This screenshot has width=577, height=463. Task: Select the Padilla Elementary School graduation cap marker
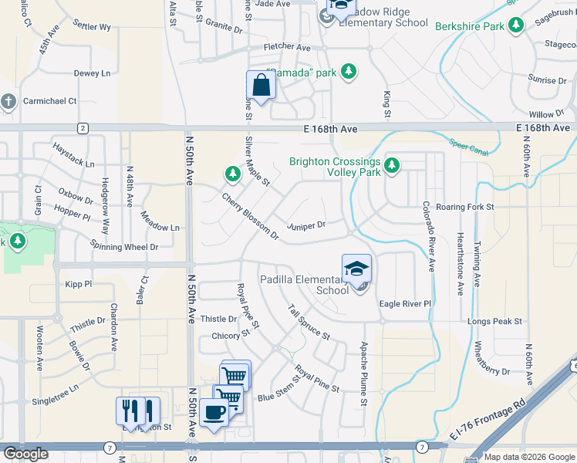[356, 269]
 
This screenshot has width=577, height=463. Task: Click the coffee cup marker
[214, 411]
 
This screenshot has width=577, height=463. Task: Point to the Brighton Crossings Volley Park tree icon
[392, 164]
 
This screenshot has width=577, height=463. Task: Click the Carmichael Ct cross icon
[8, 101]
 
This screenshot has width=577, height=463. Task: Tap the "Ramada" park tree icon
[349, 72]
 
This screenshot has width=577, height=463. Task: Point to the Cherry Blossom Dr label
[250, 216]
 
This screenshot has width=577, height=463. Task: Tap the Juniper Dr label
[306, 226]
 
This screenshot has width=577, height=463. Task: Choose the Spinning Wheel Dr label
[124, 247]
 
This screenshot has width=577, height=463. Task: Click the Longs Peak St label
[494, 321]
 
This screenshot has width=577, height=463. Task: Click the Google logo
[25, 454]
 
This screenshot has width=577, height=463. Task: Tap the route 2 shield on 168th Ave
[81, 127]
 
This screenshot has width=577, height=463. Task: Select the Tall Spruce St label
[309, 323]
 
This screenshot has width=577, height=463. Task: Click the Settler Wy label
[93, 27]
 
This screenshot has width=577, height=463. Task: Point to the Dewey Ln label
[92, 73]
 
